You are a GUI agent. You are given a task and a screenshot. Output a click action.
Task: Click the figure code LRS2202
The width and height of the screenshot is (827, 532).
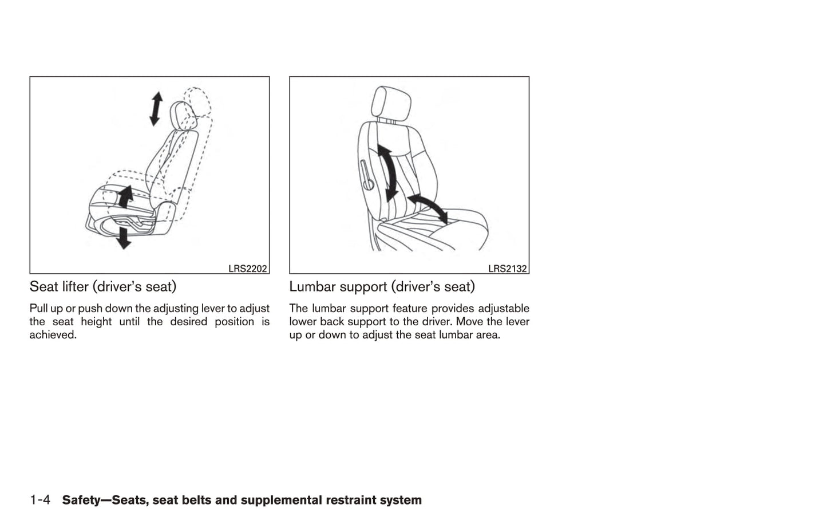pyautogui.click(x=247, y=269)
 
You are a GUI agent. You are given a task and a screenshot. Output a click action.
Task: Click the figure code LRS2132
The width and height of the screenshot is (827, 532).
pyautogui.click(x=507, y=269)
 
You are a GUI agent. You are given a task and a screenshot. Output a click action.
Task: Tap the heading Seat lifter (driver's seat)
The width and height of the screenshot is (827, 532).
pyautogui.click(x=103, y=287)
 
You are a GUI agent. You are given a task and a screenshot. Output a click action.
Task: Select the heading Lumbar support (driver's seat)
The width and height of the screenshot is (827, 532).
pyautogui.click(x=382, y=287)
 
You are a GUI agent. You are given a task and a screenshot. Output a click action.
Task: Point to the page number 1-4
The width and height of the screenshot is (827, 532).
pyautogui.click(x=40, y=500)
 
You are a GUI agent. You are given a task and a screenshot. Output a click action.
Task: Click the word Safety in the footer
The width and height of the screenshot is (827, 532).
pyautogui.click(x=81, y=500)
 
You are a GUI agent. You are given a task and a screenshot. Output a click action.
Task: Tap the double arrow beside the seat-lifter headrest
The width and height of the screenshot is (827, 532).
pyautogui.click(x=156, y=109)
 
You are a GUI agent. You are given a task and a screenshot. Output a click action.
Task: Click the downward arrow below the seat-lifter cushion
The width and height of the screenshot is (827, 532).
pyautogui.click(x=123, y=238)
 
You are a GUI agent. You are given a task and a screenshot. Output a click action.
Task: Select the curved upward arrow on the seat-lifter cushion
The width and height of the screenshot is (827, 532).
pyautogui.click(x=125, y=196)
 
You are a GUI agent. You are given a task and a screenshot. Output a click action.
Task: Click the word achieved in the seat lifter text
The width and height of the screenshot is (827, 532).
pyautogui.click(x=53, y=334)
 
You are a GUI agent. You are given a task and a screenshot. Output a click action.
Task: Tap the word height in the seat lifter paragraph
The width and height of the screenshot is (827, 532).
pyautogui.click(x=96, y=322)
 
